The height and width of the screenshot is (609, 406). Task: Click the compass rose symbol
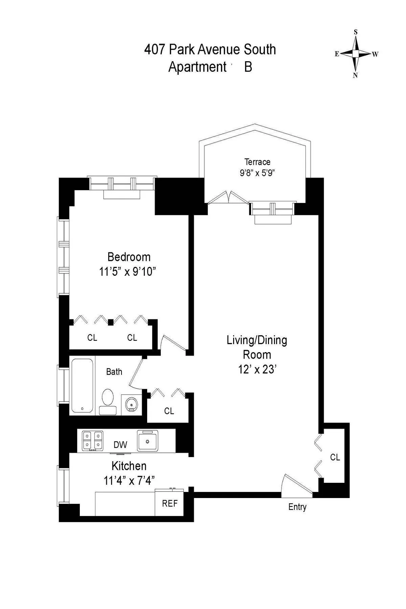point(356,54)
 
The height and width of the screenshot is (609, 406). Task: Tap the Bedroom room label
point(129,257)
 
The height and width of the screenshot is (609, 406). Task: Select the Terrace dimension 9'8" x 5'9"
point(257,173)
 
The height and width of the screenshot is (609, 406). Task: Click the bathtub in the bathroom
point(82,385)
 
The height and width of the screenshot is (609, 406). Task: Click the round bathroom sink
point(131,404)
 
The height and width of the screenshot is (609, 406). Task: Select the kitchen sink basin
point(148,441)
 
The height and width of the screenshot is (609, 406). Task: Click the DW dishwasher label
point(120,445)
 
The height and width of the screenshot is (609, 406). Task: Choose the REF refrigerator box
point(170,503)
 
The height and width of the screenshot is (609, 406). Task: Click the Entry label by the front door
point(297,507)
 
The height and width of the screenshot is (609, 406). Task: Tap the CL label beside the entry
point(335,457)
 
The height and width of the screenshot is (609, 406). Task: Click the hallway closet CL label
point(169,411)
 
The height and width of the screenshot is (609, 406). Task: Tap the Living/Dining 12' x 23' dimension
point(257,369)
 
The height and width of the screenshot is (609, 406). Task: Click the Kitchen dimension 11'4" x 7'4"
point(129,480)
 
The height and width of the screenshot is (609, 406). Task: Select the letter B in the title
point(248,67)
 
